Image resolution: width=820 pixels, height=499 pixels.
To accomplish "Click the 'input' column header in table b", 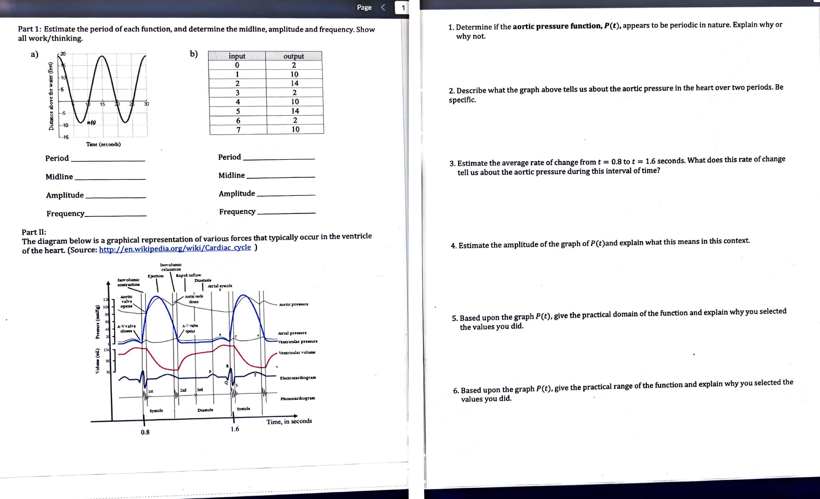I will [x=237, y=56].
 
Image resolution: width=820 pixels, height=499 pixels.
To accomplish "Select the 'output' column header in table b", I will [x=294, y=56].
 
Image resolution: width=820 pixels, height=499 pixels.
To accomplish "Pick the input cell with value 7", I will [x=238, y=130].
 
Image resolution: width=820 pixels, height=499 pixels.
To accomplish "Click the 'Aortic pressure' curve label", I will [x=294, y=304].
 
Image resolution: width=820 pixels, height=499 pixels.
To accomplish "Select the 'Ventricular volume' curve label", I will [x=297, y=352].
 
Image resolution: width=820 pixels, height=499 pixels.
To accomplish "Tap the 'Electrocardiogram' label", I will [x=298, y=378].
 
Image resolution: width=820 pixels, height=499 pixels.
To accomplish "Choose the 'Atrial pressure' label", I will [x=292, y=333].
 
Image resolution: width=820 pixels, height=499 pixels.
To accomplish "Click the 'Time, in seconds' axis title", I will [x=289, y=422].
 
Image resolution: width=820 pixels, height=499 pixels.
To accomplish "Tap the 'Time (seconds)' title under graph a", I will [x=104, y=144].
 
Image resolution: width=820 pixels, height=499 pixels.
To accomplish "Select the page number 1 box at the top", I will [x=403, y=8].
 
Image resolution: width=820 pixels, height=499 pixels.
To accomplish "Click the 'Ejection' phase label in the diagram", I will [x=155, y=276].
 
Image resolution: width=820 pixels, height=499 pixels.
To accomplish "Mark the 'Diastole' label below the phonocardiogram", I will [x=205, y=410].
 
